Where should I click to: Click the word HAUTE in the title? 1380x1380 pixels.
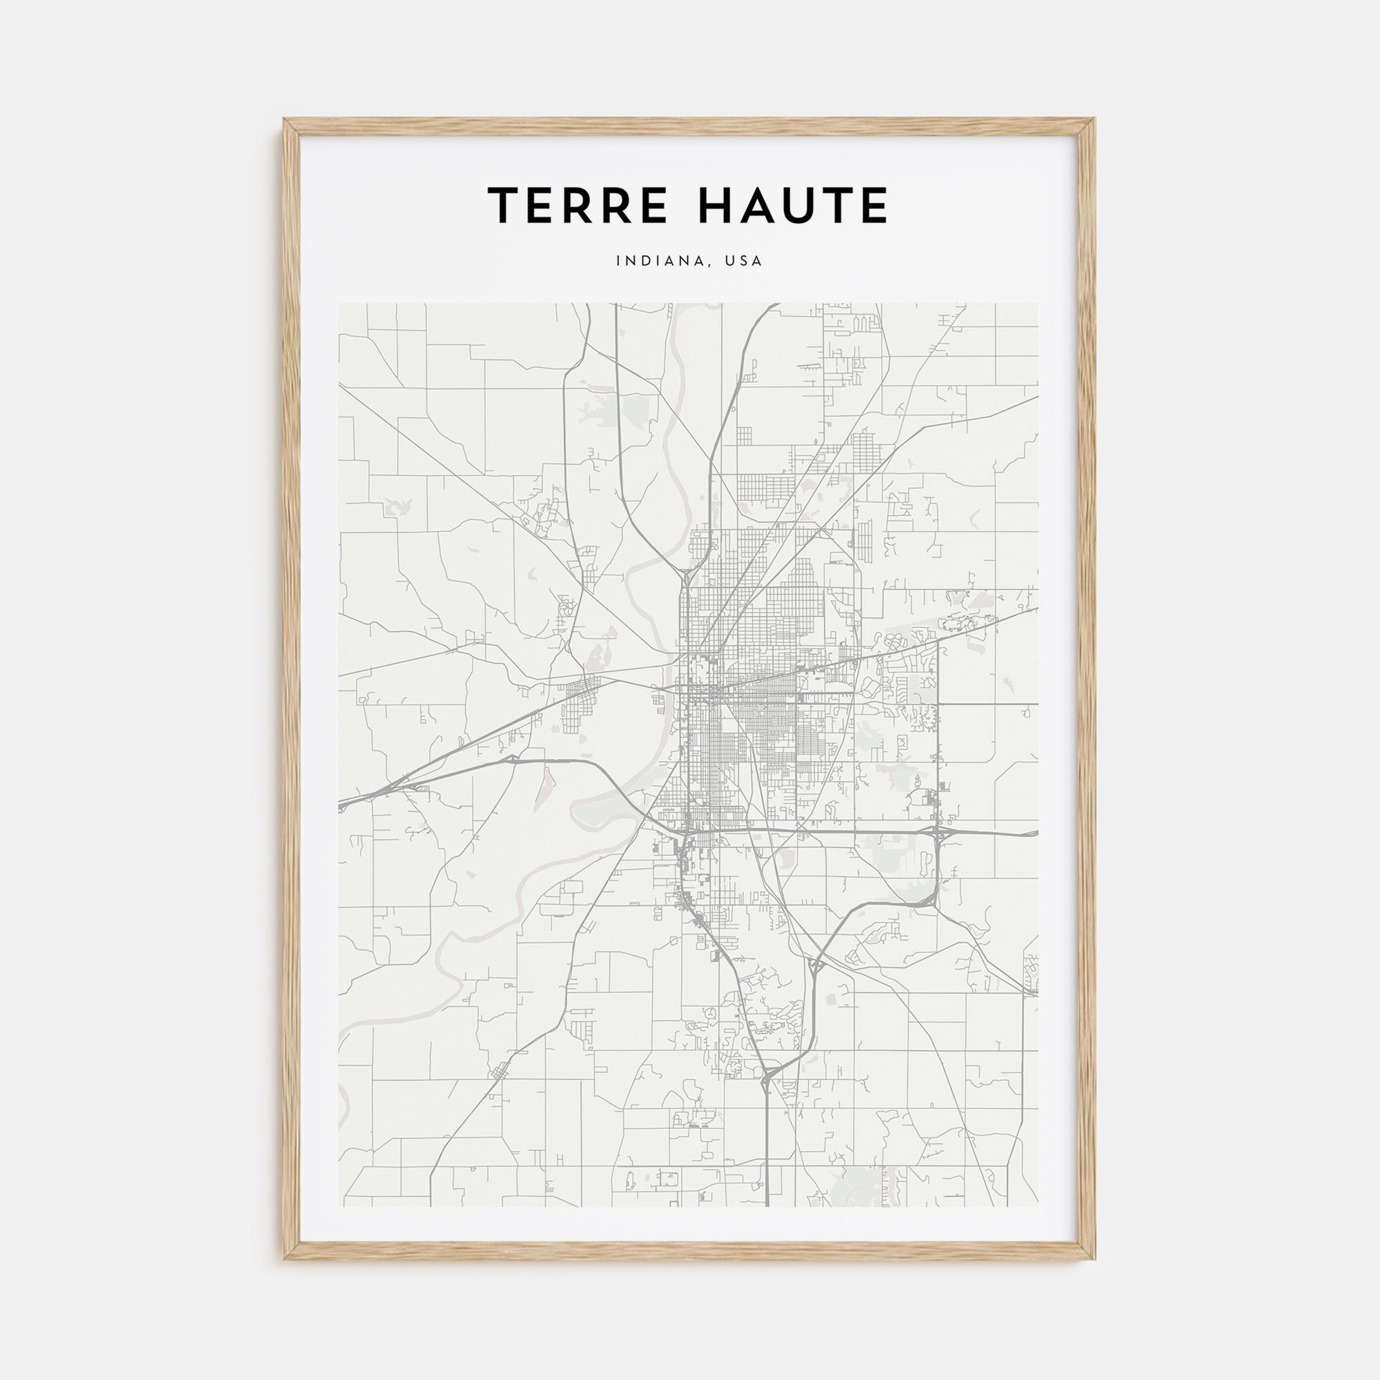point(793,206)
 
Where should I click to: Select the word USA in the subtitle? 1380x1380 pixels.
point(744,262)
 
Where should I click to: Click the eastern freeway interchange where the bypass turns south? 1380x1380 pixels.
point(936,833)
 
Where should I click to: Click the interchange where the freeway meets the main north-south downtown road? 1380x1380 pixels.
point(687,830)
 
